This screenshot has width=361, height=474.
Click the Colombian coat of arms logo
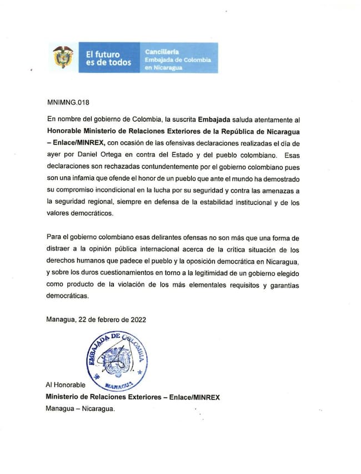(63, 58)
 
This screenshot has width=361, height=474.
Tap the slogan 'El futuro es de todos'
(108, 58)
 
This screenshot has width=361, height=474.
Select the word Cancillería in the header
(160, 52)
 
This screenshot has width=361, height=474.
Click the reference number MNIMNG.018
(69, 103)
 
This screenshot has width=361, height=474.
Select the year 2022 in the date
(138, 320)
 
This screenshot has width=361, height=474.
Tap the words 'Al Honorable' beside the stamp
(65, 385)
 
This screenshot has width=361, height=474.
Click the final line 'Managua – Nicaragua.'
(81, 409)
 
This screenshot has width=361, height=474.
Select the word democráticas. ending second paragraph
(69, 297)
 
